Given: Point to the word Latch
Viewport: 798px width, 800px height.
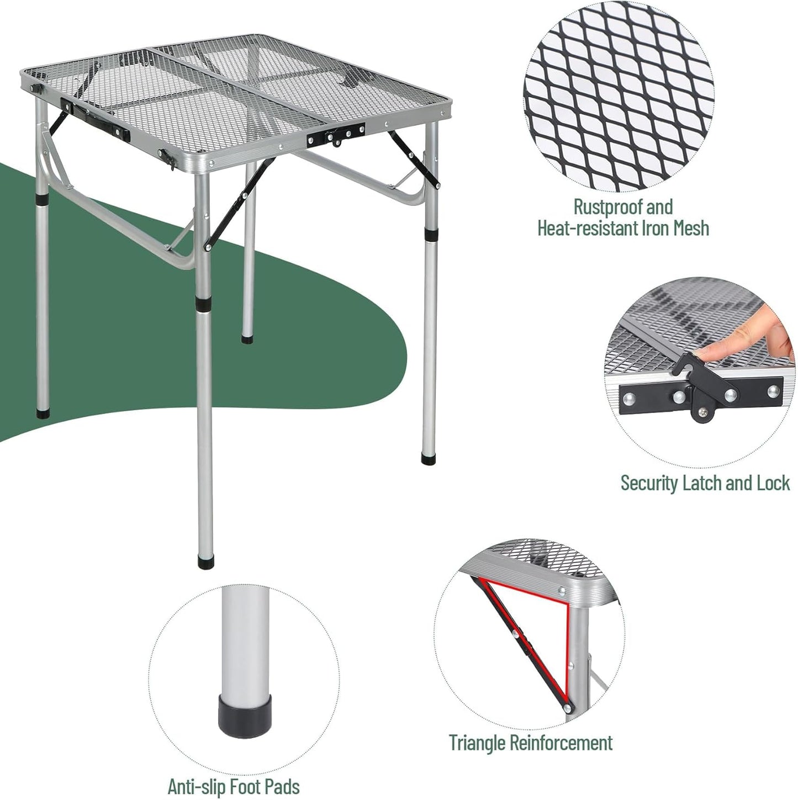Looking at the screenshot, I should pos(702,483).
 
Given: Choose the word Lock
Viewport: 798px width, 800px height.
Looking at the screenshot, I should pos(773,483).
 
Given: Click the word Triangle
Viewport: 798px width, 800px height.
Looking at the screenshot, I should pos(477,743).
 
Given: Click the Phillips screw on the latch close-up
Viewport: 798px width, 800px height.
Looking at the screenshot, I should pos(702,411).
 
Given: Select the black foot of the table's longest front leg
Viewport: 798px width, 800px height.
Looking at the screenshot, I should pos(205,563).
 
